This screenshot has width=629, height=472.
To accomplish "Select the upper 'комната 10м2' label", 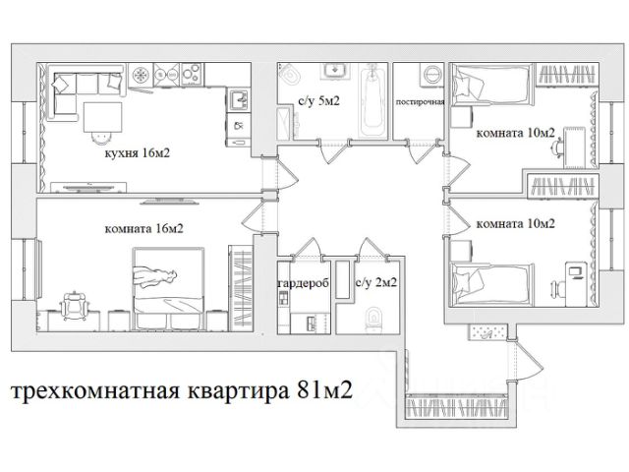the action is tap(515, 133).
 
